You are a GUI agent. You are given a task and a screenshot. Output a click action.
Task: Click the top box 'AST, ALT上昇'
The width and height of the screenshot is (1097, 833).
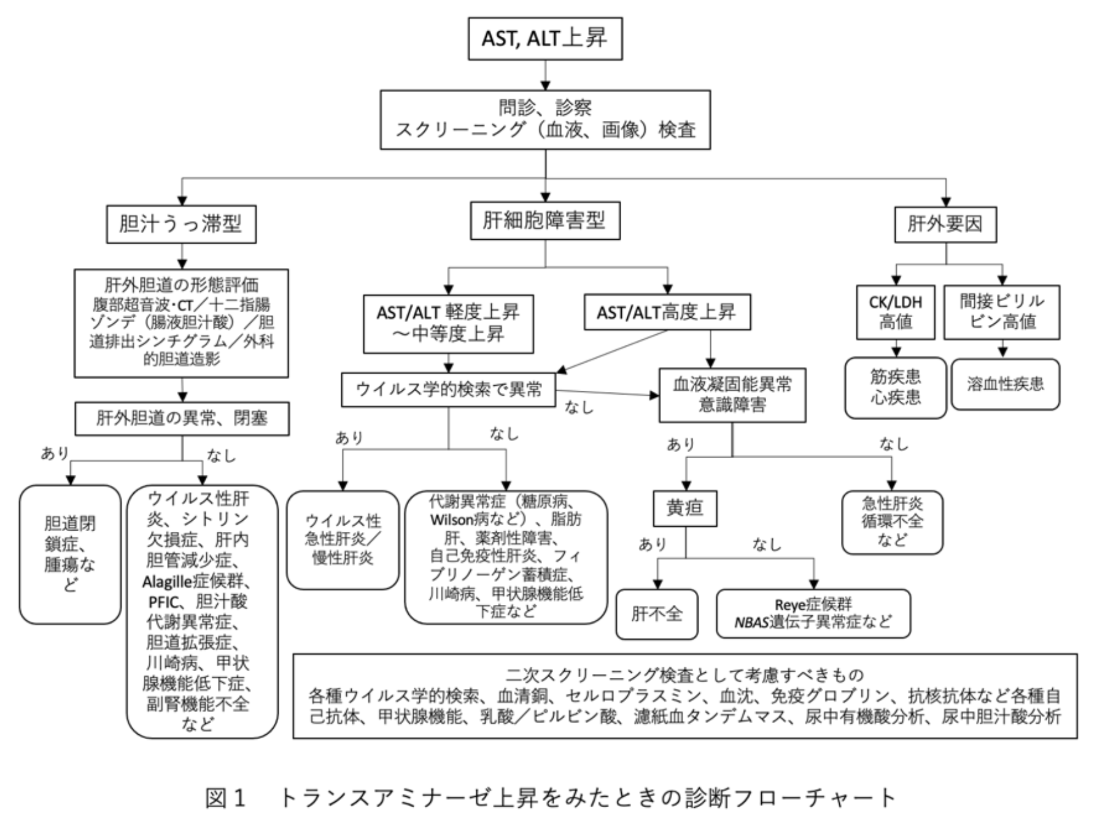pyautogui.click(x=545, y=39)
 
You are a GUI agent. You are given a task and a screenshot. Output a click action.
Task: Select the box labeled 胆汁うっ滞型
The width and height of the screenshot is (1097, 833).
pyautogui.click(x=181, y=224)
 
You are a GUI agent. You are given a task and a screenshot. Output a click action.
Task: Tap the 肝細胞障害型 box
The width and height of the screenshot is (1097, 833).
pyautogui.click(x=545, y=221)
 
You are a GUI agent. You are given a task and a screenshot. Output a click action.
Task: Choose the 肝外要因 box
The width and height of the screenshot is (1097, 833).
pyautogui.click(x=945, y=225)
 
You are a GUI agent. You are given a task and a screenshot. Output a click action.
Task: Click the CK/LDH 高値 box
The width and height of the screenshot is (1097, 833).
pyautogui.click(x=895, y=312)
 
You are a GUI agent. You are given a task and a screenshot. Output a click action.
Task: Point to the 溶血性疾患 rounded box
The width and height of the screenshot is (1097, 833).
pyautogui.click(x=1005, y=385)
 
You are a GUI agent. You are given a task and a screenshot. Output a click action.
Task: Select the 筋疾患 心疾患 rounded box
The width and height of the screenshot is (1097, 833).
pyautogui.click(x=895, y=388)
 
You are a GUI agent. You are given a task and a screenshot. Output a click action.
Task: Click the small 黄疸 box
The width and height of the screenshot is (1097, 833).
pyautogui.click(x=684, y=508)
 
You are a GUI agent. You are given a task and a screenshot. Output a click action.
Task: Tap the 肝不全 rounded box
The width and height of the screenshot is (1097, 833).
pyautogui.click(x=656, y=613)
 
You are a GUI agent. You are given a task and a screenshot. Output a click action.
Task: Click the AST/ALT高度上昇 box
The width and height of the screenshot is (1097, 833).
pyautogui.click(x=666, y=313)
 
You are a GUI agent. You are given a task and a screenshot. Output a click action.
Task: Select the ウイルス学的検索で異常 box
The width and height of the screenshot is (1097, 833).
pyautogui.click(x=449, y=390)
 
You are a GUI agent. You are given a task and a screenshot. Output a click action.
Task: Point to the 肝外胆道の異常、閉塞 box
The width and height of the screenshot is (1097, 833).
pyautogui.click(x=182, y=418)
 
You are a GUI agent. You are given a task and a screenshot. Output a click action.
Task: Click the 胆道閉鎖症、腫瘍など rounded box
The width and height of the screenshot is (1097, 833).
pyautogui.click(x=70, y=554)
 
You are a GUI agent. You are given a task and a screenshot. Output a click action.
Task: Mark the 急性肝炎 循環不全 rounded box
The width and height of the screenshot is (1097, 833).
pyautogui.click(x=891, y=522)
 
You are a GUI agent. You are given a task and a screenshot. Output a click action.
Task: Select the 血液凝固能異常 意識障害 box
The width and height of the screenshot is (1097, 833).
pyautogui.click(x=732, y=394)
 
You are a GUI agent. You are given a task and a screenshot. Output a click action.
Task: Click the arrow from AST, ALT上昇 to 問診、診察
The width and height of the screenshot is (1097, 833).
pyautogui.click(x=545, y=75)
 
